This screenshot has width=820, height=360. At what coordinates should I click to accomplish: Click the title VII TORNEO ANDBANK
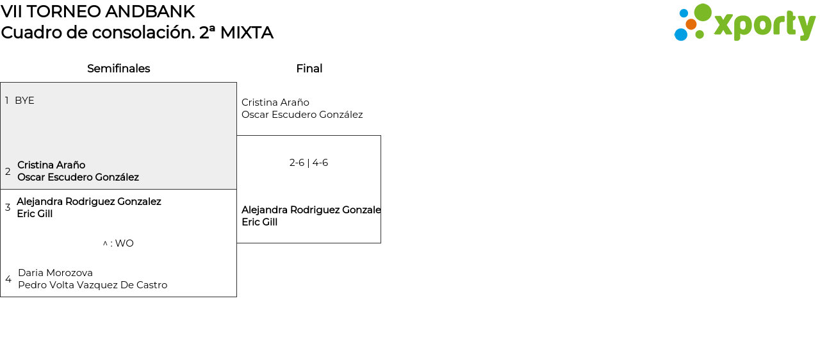pos(98,12)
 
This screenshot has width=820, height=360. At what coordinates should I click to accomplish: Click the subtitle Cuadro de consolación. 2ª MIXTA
pos(137,33)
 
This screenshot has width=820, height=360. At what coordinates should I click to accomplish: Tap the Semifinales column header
pos(119,69)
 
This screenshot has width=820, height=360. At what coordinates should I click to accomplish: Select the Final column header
pos(309,69)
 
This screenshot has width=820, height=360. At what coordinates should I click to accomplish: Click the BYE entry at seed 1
pos(24,101)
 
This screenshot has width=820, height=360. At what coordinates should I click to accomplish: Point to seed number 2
pos(8,172)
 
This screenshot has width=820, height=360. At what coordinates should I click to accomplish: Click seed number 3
pos(8,208)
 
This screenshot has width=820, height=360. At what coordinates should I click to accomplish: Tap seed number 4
pos(8,279)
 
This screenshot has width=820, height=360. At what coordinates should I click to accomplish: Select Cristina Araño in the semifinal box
pos(51,165)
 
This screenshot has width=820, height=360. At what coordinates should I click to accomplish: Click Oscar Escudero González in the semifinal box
pos(78,177)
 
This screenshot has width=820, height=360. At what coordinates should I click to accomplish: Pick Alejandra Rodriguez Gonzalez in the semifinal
pos(89,202)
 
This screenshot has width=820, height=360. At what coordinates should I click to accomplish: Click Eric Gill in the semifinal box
pos(35,214)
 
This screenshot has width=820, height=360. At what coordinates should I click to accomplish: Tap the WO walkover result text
pos(119,243)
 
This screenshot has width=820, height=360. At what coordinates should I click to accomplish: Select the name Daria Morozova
pos(55,273)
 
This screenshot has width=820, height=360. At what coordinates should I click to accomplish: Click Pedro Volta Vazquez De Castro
pos(92,285)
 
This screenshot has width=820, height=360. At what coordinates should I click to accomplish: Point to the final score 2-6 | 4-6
pos(309,163)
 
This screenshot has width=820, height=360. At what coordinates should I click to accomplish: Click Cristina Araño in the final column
pos(275,102)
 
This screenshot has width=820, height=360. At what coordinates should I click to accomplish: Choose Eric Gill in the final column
pos(259,222)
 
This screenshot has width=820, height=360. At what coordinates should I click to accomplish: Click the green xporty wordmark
pos(764,26)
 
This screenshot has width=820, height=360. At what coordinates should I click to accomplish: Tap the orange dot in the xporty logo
pos(691,24)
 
